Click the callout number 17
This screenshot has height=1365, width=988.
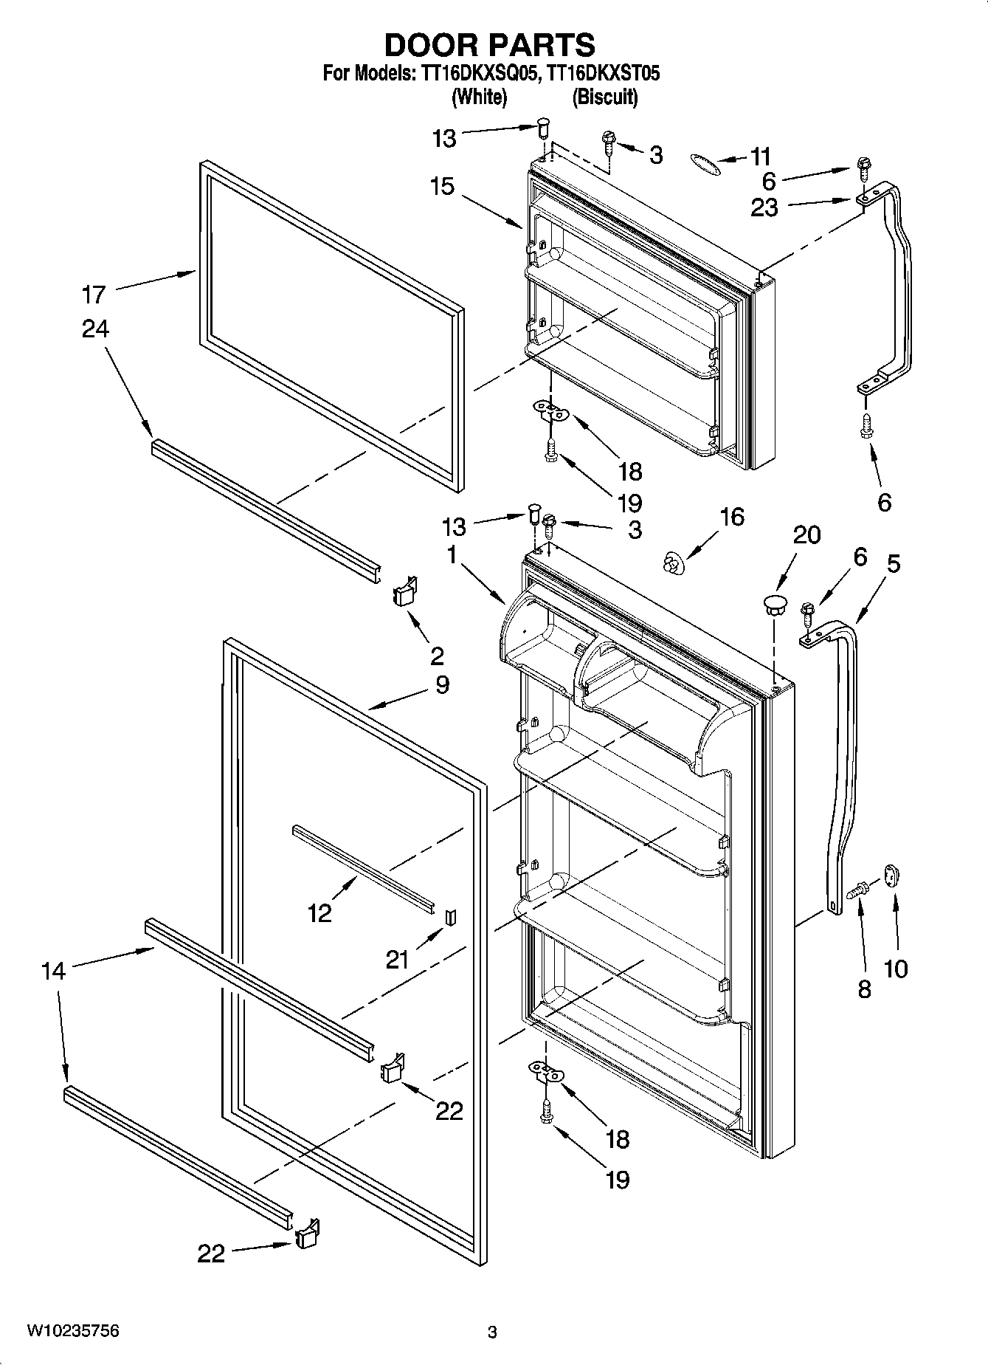(x=94, y=295)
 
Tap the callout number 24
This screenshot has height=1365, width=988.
(x=95, y=329)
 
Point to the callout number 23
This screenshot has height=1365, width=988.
(x=764, y=207)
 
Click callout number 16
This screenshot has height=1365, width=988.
(x=731, y=517)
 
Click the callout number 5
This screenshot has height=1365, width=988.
(x=893, y=564)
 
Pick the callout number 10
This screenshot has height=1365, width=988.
(x=896, y=968)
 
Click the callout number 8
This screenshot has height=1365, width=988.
(x=864, y=989)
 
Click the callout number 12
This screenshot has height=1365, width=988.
(x=319, y=914)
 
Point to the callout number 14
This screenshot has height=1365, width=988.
(x=54, y=971)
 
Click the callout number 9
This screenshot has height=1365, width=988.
(x=441, y=685)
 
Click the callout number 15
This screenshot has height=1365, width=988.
(x=442, y=186)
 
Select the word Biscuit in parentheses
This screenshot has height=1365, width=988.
(x=605, y=97)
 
